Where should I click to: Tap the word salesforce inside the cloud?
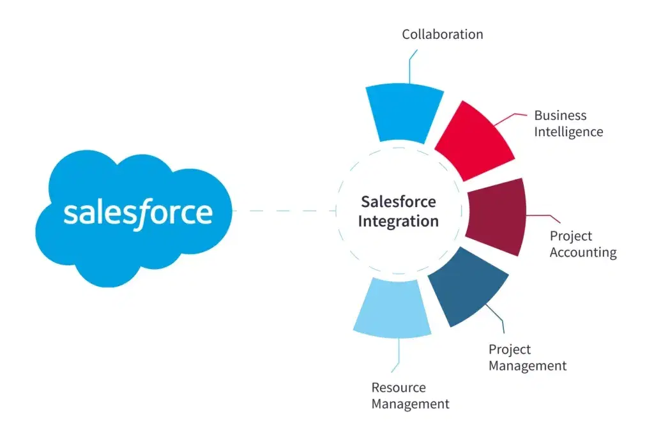(x=137, y=212)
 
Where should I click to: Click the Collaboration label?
(x=442, y=34)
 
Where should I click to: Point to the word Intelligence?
(x=568, y=132)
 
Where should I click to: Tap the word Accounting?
(x=583, y=252)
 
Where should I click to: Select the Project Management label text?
(x=527, y=358)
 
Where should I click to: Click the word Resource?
(x=399, y=388)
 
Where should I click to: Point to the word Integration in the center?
(x=398, y=222)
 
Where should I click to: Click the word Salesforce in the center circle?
(x=398, y=202)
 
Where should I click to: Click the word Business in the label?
(x=560, y=116)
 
